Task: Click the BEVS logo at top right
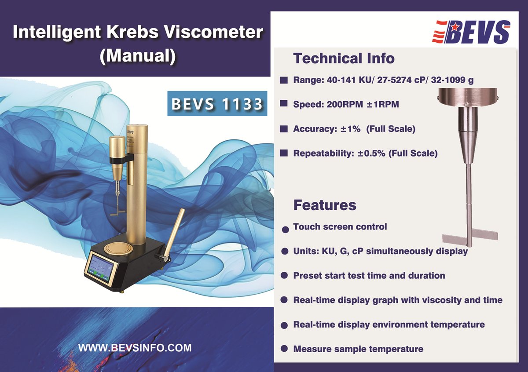(x=472, y=32)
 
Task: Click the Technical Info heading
(x=344, y=58)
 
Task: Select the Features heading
(x=324, y=205)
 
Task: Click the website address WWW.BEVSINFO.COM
(x=135, y=348)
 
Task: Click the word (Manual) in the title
(x=138, y=56)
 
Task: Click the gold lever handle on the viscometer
(x=176, y=233)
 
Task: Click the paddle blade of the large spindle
(x=469, y=237)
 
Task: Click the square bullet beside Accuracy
(x=284, y=129)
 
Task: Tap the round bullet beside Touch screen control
(x=285, y=229)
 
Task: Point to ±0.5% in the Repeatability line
(x=368, y=153)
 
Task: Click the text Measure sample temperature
(x=358, y=349)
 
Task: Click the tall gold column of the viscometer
(x=136, y=185)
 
